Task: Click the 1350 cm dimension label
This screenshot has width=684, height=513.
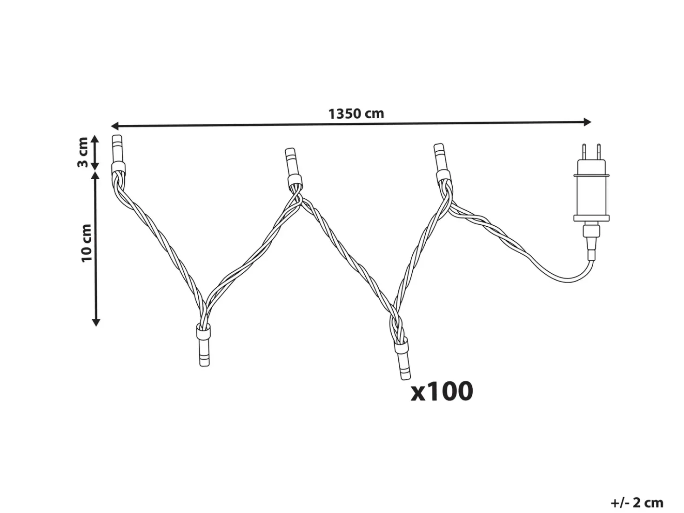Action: point(356,114)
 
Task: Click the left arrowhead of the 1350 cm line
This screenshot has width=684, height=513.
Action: point(114,126)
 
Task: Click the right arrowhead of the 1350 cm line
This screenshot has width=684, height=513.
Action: point(587,122)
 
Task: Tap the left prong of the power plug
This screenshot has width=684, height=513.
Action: point(584,152)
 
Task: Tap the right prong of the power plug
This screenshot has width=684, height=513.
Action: point(598,152)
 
